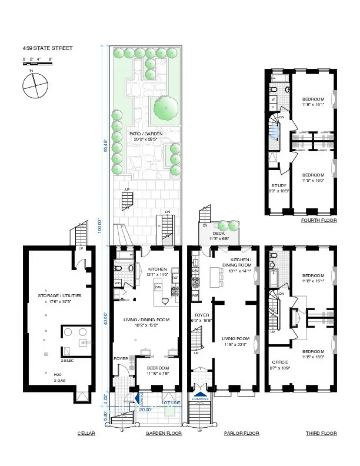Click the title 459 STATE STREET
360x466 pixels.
(48, 48)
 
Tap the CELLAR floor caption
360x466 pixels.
(86, 433)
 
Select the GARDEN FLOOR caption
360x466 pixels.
(163, 433)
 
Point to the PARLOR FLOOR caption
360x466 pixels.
(241, 433)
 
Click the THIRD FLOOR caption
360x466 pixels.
(321, 433)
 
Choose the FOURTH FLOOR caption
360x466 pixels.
(319, 221)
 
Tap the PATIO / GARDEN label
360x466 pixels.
(146, 134)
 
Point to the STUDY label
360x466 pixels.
(279, 186)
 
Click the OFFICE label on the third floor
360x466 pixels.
(279, 362)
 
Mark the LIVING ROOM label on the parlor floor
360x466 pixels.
(235, 339)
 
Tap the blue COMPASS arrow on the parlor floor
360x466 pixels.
(201, 395)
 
